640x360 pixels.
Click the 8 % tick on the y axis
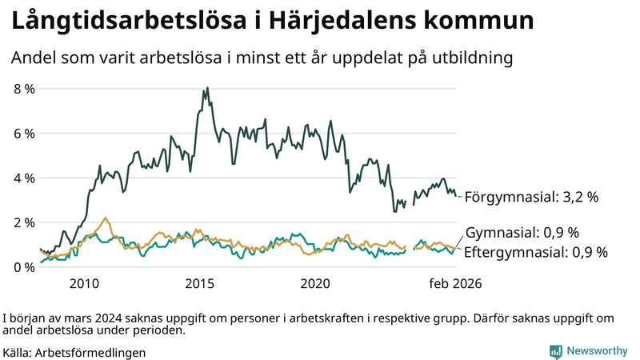click(24, 89)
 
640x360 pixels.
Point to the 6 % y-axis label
click(24, 133)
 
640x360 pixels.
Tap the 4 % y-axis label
click(24, 178)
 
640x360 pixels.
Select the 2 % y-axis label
click(24, 222)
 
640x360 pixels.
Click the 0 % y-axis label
click(24, 266)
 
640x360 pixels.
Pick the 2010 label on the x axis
click(84, 283)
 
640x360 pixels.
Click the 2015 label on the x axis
click(199, 283)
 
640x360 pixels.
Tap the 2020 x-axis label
click(314, 283)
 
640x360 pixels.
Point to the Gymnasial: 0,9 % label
click(522, 233)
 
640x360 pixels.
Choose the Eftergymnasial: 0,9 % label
click(536, 252)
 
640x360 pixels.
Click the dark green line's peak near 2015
click(207, 88)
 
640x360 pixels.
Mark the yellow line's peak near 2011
click(106, 218)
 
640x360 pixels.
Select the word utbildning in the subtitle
click(472, 58)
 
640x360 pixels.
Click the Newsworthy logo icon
click(555, 351)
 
